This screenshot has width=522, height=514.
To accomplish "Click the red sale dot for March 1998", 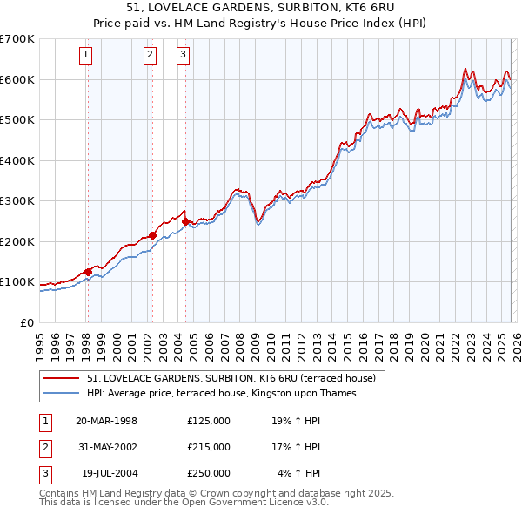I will click(88, 272).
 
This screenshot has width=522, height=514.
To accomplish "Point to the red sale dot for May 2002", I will click(152, 235).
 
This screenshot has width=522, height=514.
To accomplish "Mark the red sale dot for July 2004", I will click(185, 221).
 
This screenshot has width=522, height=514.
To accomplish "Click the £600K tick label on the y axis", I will click(17, 79).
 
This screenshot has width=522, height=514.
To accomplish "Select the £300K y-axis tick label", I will click(17, 201).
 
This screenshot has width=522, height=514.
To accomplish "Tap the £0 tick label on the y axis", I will click(26, 322).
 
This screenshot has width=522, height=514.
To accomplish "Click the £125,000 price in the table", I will click(209, 421).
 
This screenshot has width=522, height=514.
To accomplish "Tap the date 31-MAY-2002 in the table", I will click(107, 447).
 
